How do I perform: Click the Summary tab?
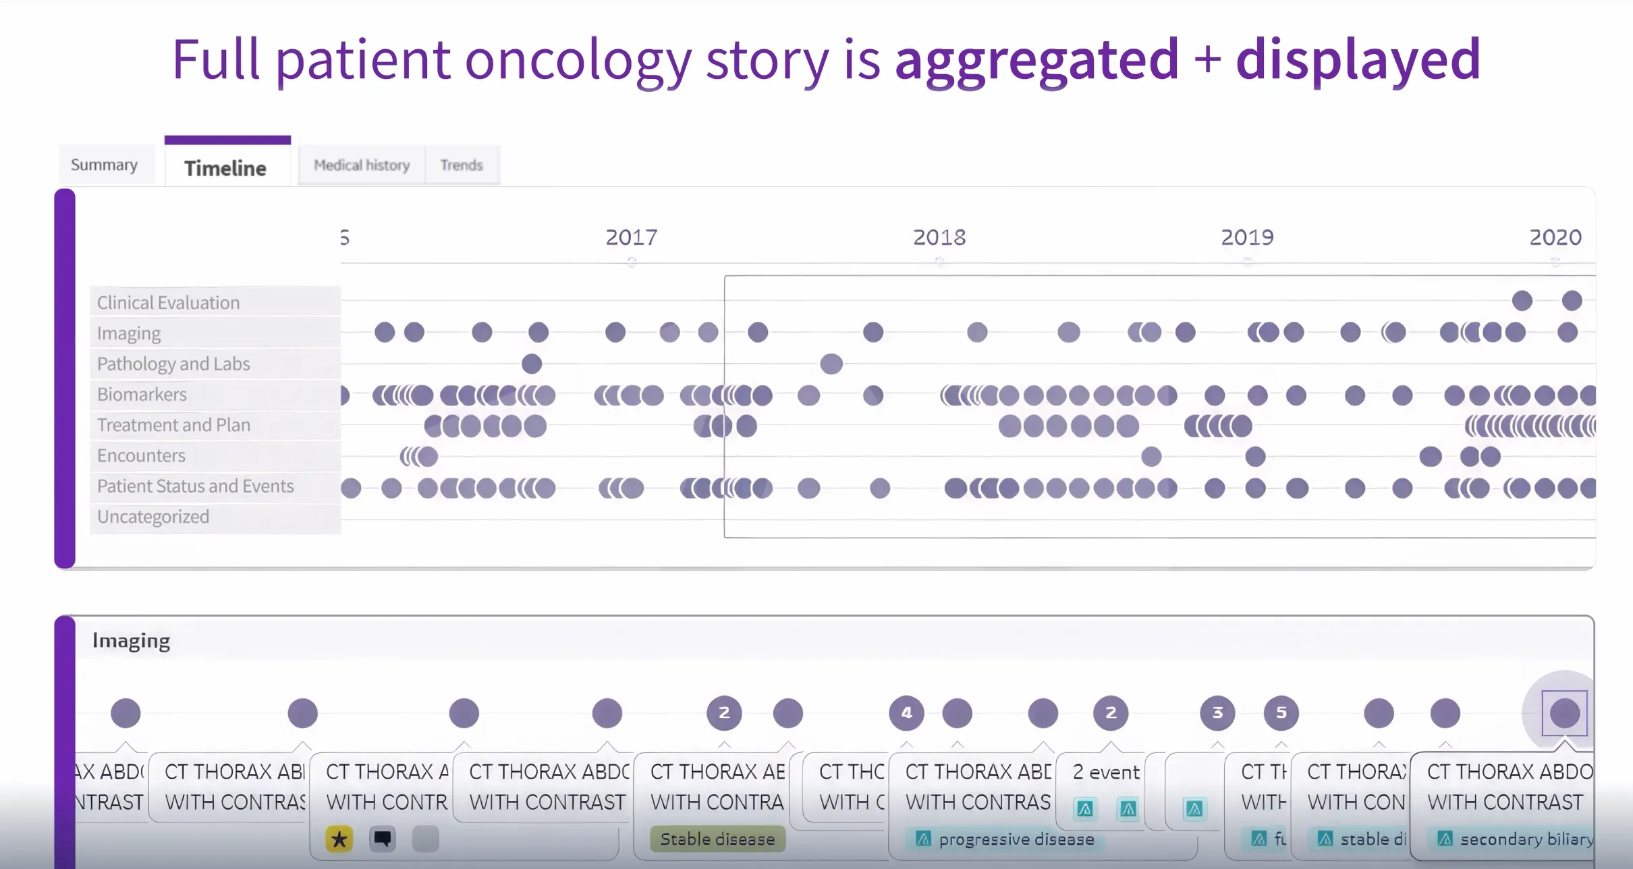pos(104,165)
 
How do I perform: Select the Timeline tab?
pos(225,168)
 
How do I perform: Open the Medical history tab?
pos(362,165)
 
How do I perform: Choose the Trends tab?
pos(462,165)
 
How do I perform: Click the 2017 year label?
pos(631,237)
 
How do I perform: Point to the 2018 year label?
pos(939,237)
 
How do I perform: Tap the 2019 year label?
pos(1247,237)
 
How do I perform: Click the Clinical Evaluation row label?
pos(168,302)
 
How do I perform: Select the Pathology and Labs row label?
pos(173,364)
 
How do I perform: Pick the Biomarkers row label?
pos(142,394)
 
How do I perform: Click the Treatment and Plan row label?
pos(173,425)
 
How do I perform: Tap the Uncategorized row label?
pos(153,517)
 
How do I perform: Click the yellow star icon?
pos(339,839)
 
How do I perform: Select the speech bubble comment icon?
pos(382,839)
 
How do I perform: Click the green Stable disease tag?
pos(717,839)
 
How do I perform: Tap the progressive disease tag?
pos(1005,839)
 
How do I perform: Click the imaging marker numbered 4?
pos(906,713)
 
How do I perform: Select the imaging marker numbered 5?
pos(1281,713)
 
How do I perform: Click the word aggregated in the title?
pos(1036,59)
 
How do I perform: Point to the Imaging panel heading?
pos(131,641)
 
